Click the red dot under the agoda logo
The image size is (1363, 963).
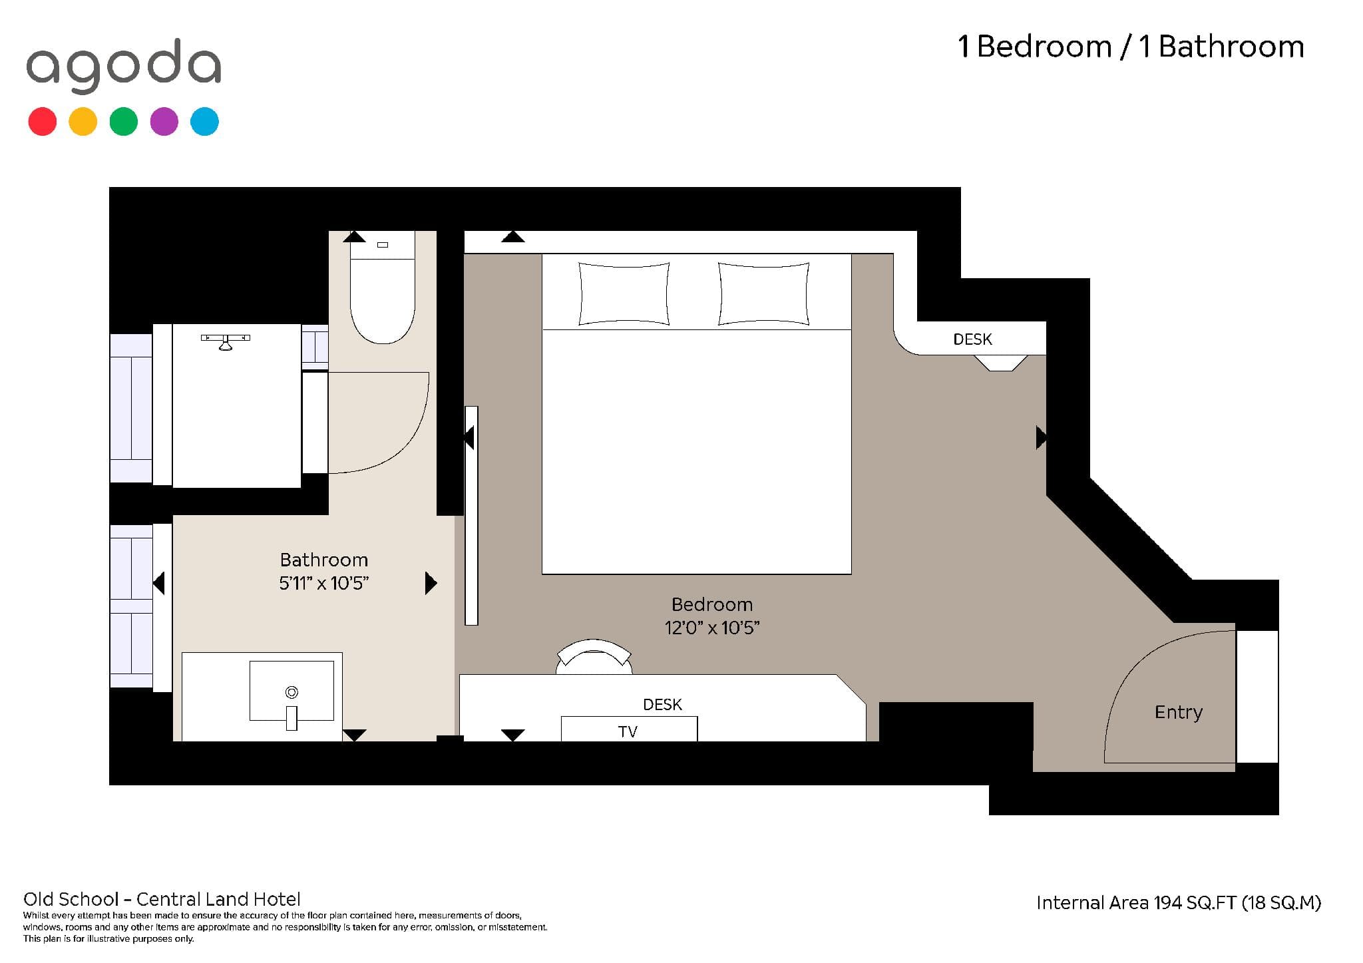42,122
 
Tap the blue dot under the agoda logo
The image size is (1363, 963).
204,122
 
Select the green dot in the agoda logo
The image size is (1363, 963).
123,122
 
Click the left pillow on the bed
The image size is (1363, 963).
624,293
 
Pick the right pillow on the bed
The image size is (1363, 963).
763,293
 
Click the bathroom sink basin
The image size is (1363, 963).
292,691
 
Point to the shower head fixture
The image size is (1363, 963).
226,341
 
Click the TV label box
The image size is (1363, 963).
629,729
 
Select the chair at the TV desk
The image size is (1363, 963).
594,656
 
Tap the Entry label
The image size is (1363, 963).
1179,713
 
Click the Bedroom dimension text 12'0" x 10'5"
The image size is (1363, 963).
712,628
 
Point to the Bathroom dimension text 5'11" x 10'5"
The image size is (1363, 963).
323,583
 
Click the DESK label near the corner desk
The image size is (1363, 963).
972,339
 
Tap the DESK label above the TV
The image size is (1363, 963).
662,704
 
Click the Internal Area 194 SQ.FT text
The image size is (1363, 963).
1136,903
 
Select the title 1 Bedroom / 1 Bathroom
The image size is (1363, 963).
1131,47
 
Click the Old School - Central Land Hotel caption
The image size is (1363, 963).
162,900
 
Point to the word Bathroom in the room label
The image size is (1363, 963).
323,560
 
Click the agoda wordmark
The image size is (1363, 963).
124,65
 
